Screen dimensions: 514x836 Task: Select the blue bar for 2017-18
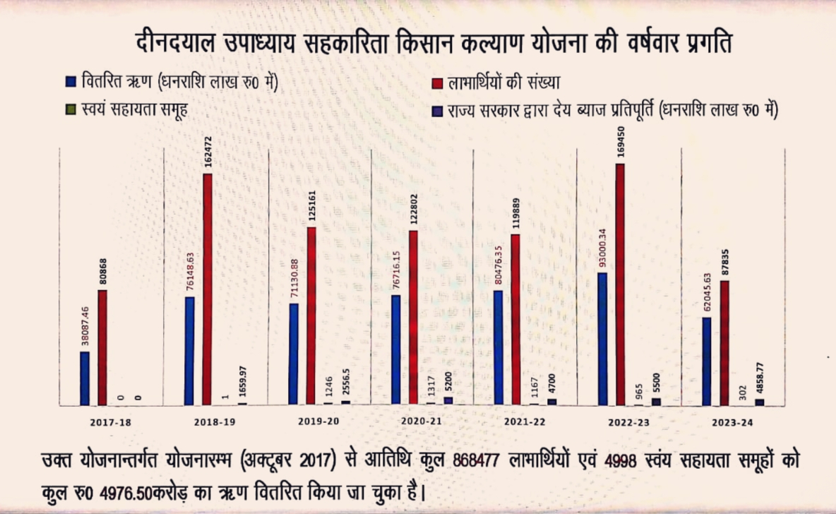click(85, 378)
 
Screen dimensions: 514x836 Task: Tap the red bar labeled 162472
click(207, 289)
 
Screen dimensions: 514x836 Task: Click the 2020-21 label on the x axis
click(422, 422)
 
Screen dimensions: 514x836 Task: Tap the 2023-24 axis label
click(732, 422)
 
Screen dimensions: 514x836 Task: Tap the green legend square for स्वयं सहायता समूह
click(70, 111)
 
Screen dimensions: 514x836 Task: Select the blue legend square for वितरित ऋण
click(70, 81)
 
